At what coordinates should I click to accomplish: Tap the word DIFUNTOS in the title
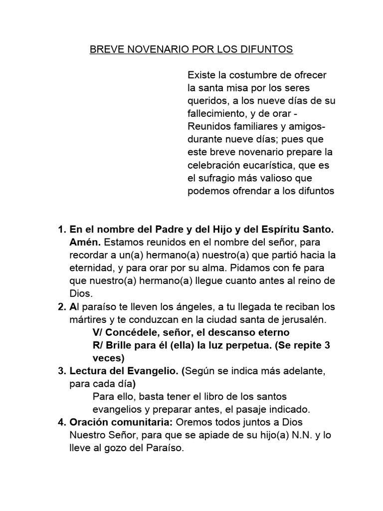point(267,50)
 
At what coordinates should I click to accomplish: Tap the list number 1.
point(62,230)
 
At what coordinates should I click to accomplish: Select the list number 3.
point(62,371)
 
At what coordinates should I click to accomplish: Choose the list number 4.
point(62,422)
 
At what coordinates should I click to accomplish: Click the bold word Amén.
point(85,243)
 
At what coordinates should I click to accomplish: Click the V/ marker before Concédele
point(99,332)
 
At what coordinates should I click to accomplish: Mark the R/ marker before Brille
point(99,345)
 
